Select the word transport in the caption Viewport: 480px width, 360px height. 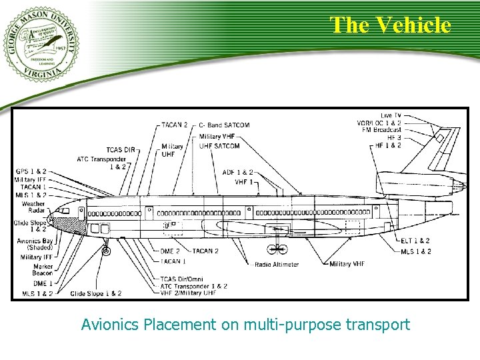point(378,325)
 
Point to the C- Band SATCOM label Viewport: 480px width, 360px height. point(225,125)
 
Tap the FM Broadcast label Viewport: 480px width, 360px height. point(381,130)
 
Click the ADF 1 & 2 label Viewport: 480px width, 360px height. point(239,173)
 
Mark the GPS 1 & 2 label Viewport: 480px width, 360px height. point(31,172)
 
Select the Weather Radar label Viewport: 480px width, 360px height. point(33,207)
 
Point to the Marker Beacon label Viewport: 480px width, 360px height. point(42,269)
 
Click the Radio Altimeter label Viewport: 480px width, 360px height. point(277,265)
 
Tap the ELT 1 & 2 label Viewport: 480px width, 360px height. point(415,241)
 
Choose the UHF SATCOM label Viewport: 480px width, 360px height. point(219,145)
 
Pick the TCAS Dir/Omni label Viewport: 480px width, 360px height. point(181,279)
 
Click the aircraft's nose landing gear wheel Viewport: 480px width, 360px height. point(105,251)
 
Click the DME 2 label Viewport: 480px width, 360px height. point(171,251)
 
